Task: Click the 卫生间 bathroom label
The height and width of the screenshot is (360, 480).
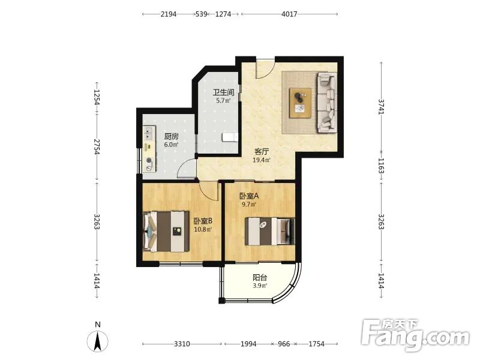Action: (x=223, y=92)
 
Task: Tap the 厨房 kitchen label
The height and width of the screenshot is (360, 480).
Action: (x=171, y=136)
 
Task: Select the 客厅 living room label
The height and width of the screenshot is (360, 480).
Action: (x=262, y=151)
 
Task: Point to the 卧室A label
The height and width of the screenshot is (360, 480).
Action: (x=249, y=196)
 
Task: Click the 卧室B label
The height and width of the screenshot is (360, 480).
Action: (x=203, y=221)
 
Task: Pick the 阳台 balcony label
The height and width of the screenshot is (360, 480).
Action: (x=260, y=277)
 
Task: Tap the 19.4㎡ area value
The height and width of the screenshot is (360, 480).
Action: (x=262, y=160)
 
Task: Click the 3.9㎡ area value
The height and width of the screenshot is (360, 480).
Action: (x=260, y=286)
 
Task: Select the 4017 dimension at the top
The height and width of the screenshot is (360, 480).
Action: (x=289, y=14)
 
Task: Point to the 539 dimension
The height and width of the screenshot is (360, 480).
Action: (x=201, y=14)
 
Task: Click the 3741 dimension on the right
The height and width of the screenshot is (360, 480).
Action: (x=381, y=106)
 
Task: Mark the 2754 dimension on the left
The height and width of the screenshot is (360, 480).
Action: (x=97, y=146)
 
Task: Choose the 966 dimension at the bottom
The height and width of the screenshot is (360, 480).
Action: (x=284, y=344)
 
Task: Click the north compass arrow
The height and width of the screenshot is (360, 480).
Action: (x=98, y=341)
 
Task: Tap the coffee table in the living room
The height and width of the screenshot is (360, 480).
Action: (x=301, y=103)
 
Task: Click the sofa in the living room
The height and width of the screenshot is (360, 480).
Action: (x=326, y=102)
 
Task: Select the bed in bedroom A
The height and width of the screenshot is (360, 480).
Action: (x=269, y=232)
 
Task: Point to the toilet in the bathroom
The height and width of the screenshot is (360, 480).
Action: (x=230, y=137)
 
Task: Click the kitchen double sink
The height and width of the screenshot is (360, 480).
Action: (x=149, y=133)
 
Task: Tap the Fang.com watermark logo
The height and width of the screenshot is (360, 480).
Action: (x=415, y=335)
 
